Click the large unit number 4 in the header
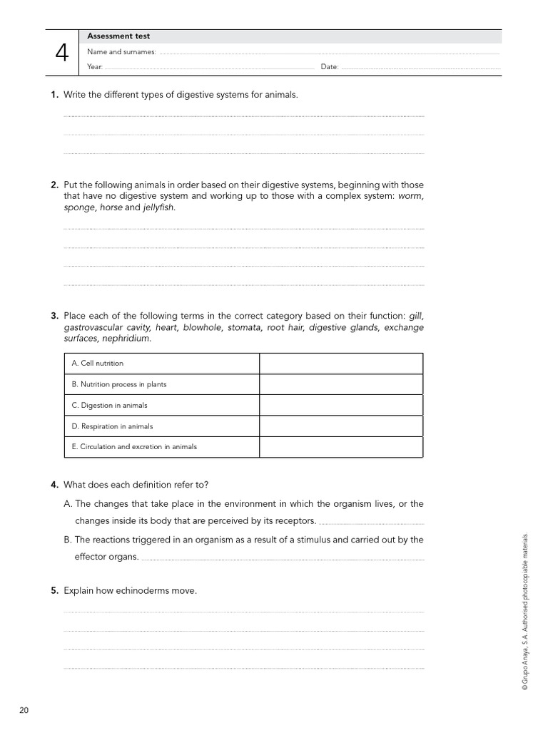pos(62,52)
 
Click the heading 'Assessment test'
pos(118,36)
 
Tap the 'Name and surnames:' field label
pos(121,52)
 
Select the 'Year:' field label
pos(95,67)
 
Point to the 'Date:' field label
pos(330,67)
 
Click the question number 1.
pos(54,95)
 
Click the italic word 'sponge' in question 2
pos(78,207)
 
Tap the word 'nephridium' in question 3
pos(128,339)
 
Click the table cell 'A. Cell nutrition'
pos(98,364)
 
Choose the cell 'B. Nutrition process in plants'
pos(119,384)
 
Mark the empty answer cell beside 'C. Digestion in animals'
pos(341,405)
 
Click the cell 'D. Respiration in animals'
pos(112,426)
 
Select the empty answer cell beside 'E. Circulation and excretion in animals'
pos(341,447)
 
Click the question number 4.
pos(54,485)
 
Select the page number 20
pos(24,710)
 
